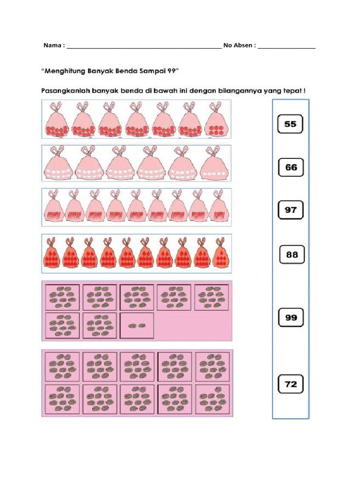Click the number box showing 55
pos(290,124)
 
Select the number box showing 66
pos(291,167)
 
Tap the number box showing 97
pos(291,210)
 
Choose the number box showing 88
pos(292,255)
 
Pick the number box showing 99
pos(291,317)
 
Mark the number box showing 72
pos(291,384)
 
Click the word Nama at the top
pos(52,45)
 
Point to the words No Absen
pos(239,45)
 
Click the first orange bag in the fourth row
pos(52,255)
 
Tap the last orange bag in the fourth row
pos(220,255)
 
